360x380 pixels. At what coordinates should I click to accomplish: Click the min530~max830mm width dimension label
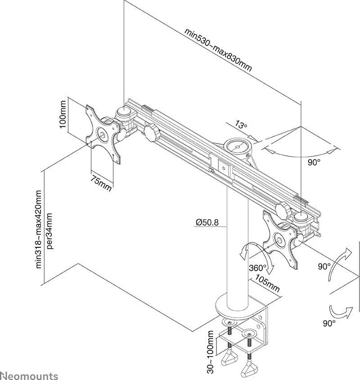218,50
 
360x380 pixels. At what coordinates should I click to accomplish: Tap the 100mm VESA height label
63,114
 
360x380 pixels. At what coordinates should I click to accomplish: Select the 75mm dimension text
101,183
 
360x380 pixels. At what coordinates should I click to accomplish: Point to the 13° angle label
241,125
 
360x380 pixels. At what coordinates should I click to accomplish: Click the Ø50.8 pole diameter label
207,222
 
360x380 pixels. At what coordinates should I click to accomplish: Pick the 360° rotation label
258,268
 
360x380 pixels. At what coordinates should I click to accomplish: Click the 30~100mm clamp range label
211,355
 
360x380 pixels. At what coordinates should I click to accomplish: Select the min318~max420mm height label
39,229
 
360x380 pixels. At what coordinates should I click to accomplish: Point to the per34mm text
49,231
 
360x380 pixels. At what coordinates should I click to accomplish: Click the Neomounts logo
29,376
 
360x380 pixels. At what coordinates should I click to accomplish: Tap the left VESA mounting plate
103,134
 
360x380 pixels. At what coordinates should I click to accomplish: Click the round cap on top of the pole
238,147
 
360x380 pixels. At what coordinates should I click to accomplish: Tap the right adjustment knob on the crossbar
283,210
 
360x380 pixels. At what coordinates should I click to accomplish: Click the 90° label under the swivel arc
314,162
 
